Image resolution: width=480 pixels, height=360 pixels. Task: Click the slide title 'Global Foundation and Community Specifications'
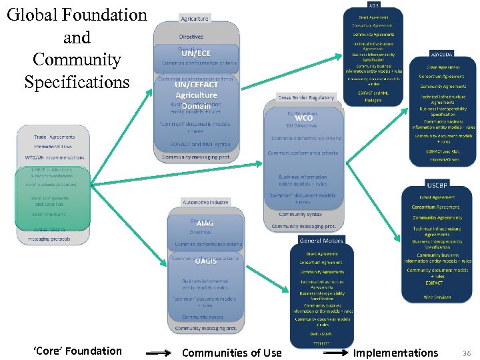[x=77, y=48]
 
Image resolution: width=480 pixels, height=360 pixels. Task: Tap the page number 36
[x=466, y=352]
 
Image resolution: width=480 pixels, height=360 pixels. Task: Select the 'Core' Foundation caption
[x=77, y=351]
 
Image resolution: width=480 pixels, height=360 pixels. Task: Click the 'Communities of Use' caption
[x=231, y=353]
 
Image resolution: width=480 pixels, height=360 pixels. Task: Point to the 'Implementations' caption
[x=395, y=353]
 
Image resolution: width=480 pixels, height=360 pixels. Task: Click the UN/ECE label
[x=196, y=53]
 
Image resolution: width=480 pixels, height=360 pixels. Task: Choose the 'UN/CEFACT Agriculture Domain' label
[x=196, y=95]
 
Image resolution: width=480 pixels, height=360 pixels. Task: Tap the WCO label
[x=303, y=118]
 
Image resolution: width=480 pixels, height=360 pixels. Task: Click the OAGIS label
[x=205, y=261]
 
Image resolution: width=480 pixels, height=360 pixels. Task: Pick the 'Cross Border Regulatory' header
[x=306, y=98]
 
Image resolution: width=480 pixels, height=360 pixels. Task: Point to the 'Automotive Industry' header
[x=205, y=202]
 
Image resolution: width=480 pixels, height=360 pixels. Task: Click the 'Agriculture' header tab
[x=194, y=19]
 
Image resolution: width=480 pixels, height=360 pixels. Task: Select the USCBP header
[x=437, y=185]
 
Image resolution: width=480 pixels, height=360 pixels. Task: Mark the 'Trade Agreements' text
[x=55, y=137]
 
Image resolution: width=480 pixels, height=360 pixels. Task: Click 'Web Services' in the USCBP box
[x=437, y=297]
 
